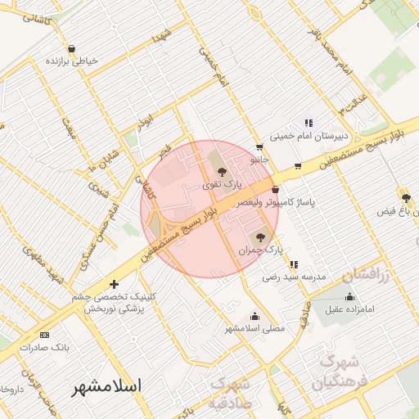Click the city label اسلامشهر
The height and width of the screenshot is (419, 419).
tap(106, 385)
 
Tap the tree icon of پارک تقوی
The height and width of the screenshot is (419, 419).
tap(222, 170)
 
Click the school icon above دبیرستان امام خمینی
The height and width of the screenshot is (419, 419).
tap(309, 123)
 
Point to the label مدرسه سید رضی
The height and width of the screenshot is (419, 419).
tap(294, 277)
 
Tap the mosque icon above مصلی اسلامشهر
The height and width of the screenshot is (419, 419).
tap(255, 316)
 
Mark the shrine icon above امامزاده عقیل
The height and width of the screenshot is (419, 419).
tap(350, 296)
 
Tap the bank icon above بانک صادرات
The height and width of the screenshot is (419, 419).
tap(44, 335)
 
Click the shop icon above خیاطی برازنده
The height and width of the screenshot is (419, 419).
tap(72, 48)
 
